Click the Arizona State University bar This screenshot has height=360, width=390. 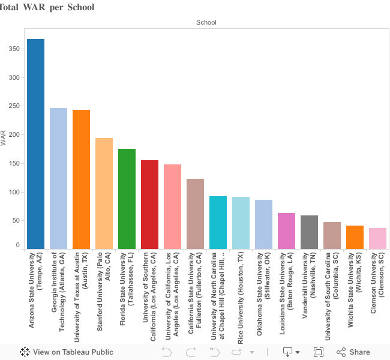pos(35,144)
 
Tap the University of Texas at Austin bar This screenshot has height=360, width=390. pos(81,179)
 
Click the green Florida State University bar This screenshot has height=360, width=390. pos(127,199)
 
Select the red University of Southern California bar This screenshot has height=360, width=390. pos(149,205)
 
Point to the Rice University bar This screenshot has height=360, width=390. pos(241,223)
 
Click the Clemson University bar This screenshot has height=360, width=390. pos(377,238)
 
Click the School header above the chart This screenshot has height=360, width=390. pos(206,22)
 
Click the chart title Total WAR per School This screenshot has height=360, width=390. pos(47,7)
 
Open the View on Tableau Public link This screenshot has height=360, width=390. pos(67,352)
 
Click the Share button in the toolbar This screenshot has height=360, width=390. pos(353,352)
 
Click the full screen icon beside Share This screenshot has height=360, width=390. pos(319,352)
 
